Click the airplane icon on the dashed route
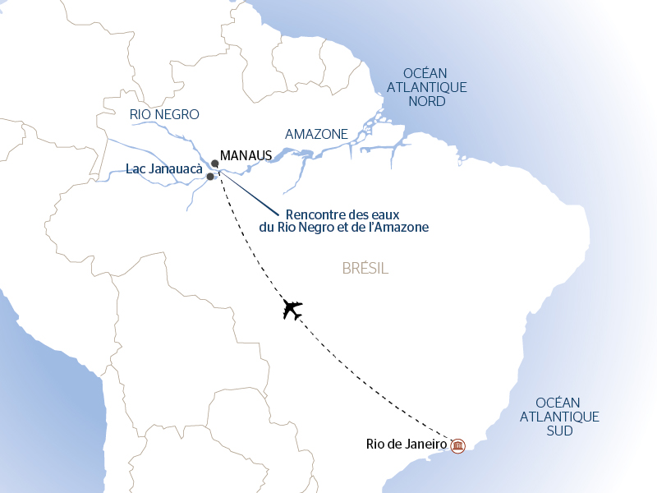(x=292, y=310)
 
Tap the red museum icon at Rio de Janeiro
(x=458, y=445)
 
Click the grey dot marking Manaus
(x=214, y=163)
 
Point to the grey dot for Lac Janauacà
(x=210, y=177)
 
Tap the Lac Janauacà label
(x=164, y=169)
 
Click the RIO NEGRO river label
(x=164, y=114)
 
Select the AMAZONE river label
(x=316, y=134)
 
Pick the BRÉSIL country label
(x=364, y=269)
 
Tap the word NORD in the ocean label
(x=426, y=102)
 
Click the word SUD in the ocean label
(x=558, y=431)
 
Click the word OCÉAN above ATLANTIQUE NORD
(x=426, y=72)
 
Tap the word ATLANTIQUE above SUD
(x=558, y=417)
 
